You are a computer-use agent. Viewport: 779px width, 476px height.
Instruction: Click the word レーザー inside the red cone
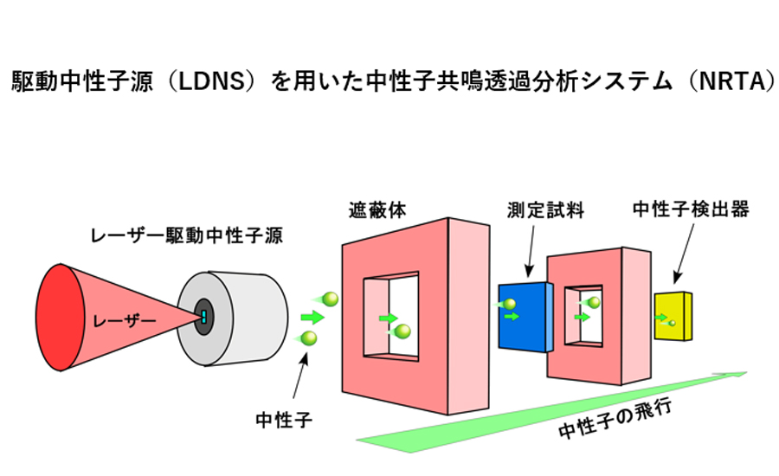point(126,322)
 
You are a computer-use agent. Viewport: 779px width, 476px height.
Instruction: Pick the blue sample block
point(525,316)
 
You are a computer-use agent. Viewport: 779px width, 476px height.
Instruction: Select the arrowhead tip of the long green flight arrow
point(745,374)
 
